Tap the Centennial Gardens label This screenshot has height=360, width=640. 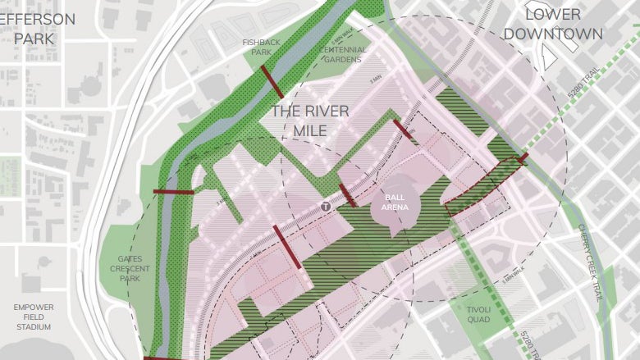coord(343,54)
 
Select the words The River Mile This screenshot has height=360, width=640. coord(310,121)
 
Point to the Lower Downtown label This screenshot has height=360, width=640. coord(552,24)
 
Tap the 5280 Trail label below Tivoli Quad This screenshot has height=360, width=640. coord(524,344)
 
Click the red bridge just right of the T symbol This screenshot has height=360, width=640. coord(347,196)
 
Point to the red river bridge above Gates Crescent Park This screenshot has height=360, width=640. coord(173,192)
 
